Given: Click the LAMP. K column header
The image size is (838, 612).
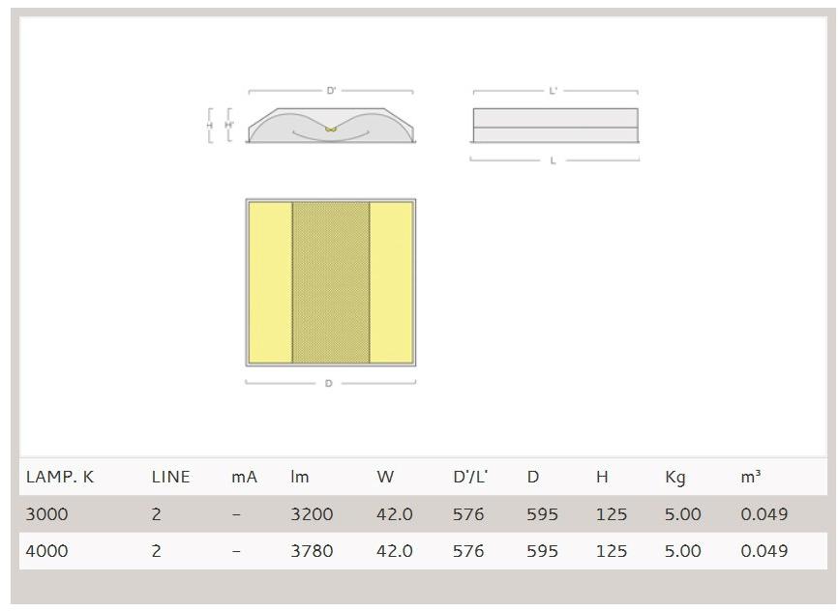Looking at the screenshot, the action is (x=60, y=477).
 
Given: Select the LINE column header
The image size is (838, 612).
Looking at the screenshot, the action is (x=170, y=477).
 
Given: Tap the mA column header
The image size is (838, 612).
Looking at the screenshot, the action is (x=244, y=477).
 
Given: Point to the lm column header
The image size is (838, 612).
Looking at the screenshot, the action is (x=300, y=477).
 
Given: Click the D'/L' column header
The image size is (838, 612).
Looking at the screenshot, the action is (x=470, y=477).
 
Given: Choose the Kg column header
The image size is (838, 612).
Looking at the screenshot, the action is (x=675, y=477).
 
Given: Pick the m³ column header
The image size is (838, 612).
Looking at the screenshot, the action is (x=751, y=477).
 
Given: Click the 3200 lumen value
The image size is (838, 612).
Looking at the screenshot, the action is (x=312, y=513).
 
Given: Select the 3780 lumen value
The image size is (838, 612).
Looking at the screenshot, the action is (x=312, y=550).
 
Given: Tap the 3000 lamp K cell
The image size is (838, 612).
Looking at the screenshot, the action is (x=47, y=513).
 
